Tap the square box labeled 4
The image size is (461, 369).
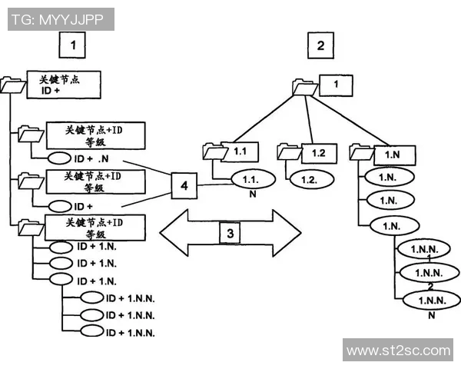[x=184, y=185]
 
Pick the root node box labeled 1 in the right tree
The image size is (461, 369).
[x=335, y=84]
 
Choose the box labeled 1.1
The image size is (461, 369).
[x=238, y=151]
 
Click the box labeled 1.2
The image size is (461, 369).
[x=319, y=152]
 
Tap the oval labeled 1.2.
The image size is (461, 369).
[x=310, y=178]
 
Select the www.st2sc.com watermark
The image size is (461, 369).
[x=398, y=350]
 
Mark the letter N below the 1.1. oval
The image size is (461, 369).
[x=250, y=194]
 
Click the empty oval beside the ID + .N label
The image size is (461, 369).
[x=61, y=159]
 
